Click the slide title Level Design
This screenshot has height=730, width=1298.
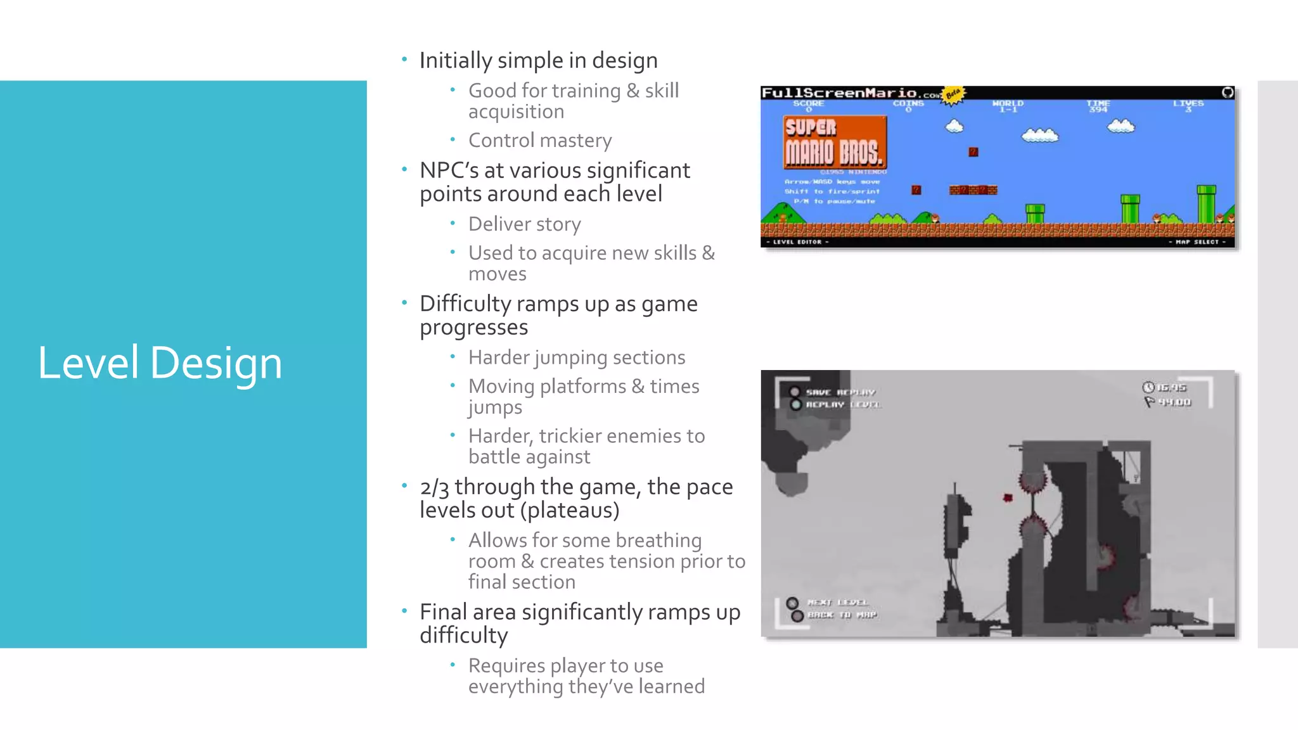pyautogui.click(x=160, y=363)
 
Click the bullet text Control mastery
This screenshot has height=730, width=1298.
pyautogui.click(x=540, y=140)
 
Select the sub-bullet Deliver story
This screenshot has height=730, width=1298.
pyautogui.click(x=524, y=224)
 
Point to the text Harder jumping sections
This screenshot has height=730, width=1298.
pyautogui.click(x=577, y=357)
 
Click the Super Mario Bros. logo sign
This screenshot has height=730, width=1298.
pyautogui.click(x=834, y=143)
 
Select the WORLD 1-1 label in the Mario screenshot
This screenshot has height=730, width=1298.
pyautogui.click(x=1008, y=105)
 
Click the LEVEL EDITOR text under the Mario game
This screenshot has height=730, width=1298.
pyautogui.click(x=797, y=242)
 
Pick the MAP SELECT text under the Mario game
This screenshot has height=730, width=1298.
pyautogui.click(x=1197, y=242)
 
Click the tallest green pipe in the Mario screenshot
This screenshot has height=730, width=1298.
pyautogui.click(x=1205, y=204)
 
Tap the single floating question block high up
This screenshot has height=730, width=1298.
pyautogui.click(x=973, y=152)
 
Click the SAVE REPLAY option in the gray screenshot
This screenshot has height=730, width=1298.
pyautogui.click(x=839, y=392)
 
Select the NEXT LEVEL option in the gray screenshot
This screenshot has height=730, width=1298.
pyautogui.click(x=837, y=603)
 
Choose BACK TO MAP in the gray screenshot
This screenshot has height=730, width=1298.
pyautogui.click(x=841, y=615)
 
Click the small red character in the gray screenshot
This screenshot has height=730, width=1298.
pyautogui.click(x=1008, y=498)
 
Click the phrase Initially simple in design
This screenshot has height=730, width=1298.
pyautogui.click(x=538, y=61)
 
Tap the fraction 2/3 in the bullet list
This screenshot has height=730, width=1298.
pyautogui.click(x=434, y=487)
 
